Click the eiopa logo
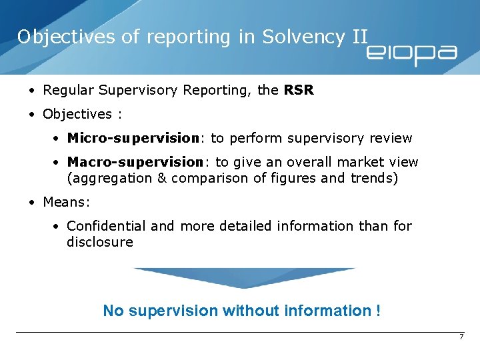(411, 53)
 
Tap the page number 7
(461, 337)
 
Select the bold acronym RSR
(298, 90)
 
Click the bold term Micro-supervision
(133, 138)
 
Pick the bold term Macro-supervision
(135, 162)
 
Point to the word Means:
(66, 202)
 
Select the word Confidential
(107, 226)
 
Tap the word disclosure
(100, 242)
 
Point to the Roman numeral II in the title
(359, 37)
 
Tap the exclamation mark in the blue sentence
(378, 311)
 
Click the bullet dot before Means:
(32, 202)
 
